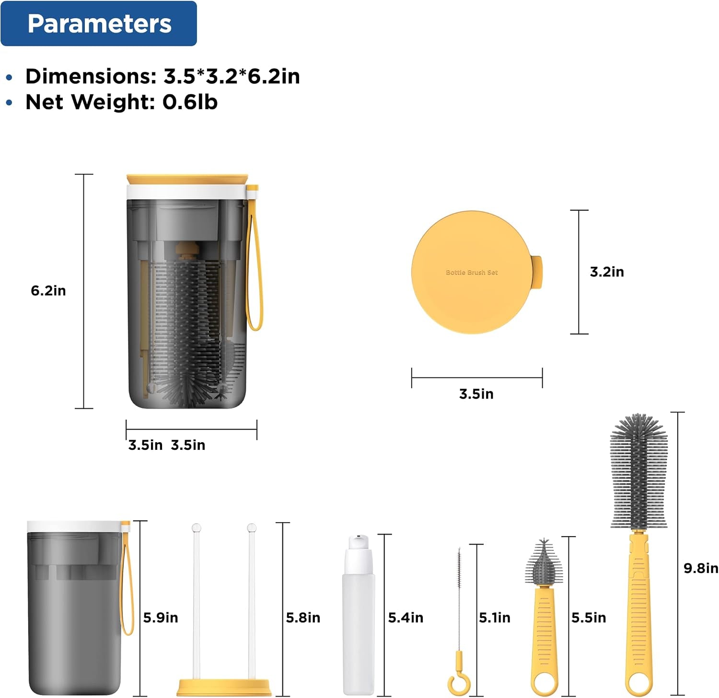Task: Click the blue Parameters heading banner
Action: click(99, 23)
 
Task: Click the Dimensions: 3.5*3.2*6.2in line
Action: click(162, 76)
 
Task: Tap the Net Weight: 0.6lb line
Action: click(121, 102)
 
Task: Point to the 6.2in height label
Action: click(48, 291)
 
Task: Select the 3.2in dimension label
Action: click(607, 272)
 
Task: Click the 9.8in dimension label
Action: click(701, 568)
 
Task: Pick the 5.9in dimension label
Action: click(161, 618)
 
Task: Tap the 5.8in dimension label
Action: click(303, 618)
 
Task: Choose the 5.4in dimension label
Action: click(406, 618)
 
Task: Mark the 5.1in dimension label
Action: click(495, 618)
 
